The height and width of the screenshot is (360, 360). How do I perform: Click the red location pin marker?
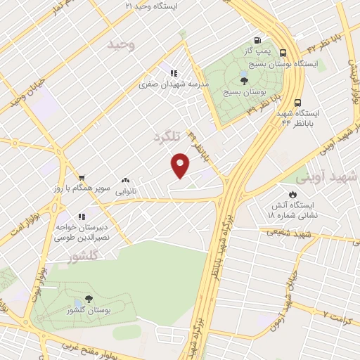coord(181,165)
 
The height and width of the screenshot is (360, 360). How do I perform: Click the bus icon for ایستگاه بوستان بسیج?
coord(283,53)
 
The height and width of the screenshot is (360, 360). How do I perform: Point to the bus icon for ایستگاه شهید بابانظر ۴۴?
coord(298,102)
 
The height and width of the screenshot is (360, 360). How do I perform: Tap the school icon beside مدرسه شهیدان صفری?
coord(173,72)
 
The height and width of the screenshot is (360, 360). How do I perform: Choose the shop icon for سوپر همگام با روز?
coord(82,178)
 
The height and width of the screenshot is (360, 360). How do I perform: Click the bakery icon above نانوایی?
coord(126,181)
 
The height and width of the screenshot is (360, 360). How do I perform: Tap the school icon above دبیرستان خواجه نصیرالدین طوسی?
coord(82,217)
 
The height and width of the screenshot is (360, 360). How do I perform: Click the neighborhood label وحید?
coord(120,44)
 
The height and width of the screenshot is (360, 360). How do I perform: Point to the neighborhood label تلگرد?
coord(167,139)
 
